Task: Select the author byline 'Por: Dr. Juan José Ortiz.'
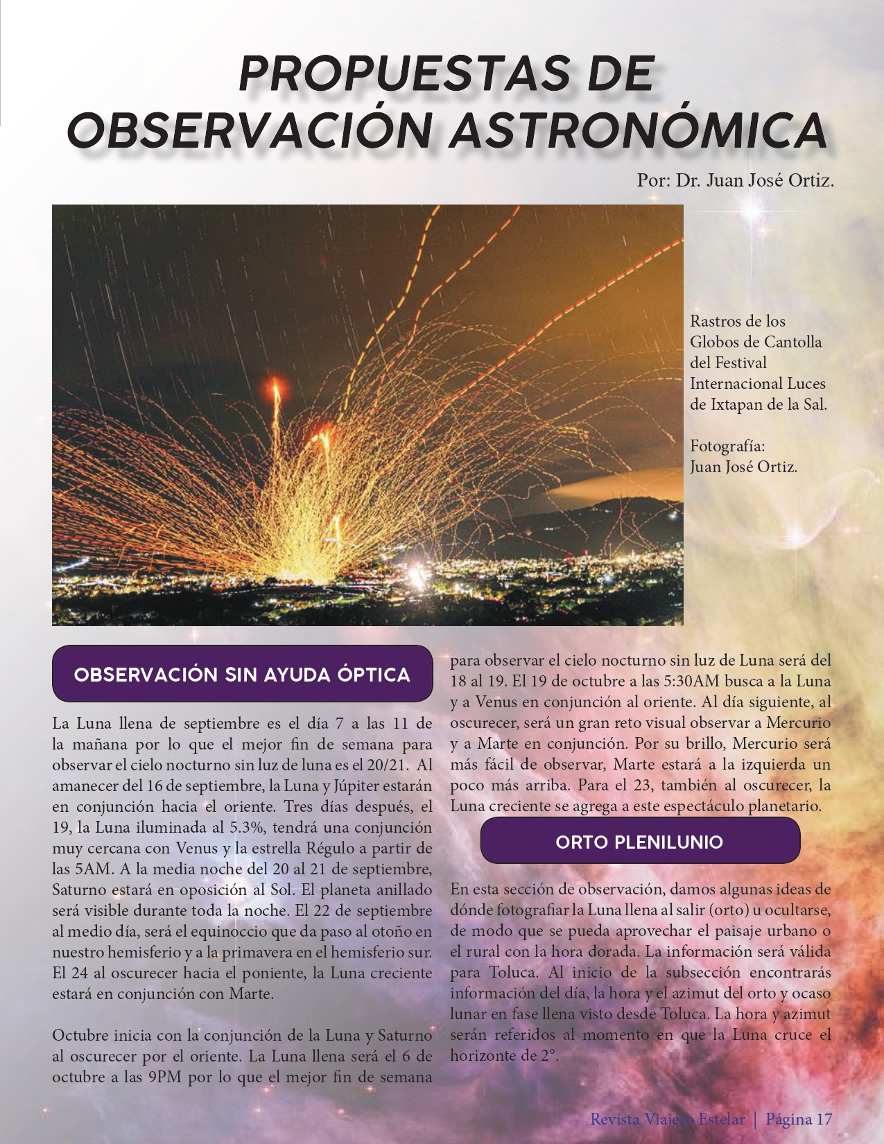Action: click(x=735, y=181)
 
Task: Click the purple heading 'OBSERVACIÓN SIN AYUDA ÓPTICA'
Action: click(x=242, y=675)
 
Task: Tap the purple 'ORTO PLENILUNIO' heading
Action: click(x=639, y=842)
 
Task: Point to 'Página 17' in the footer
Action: click(x=799, y=1118)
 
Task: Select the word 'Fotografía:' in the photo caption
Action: click(x=727, y=446)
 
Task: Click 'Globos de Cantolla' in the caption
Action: click(x=756, y=342)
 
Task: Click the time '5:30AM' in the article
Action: click(x=597, y=682)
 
